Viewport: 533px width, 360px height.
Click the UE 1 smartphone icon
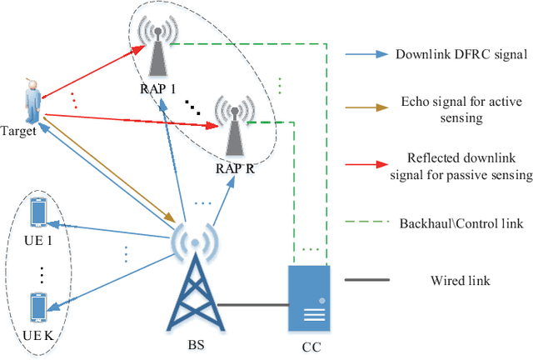click(x=37, y=212)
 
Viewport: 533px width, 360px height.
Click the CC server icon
click(x=310, y=298)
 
